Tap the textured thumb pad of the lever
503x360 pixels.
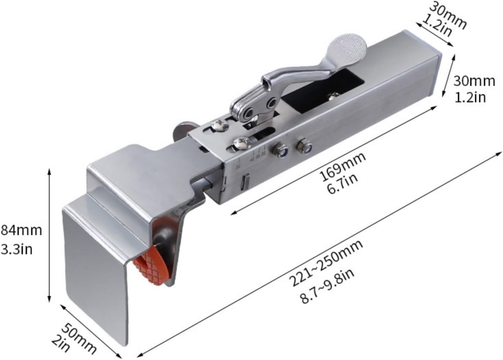(347, 47)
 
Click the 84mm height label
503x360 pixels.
(21, 230)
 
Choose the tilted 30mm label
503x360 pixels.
(448, 14)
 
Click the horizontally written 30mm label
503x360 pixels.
(474, 81)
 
